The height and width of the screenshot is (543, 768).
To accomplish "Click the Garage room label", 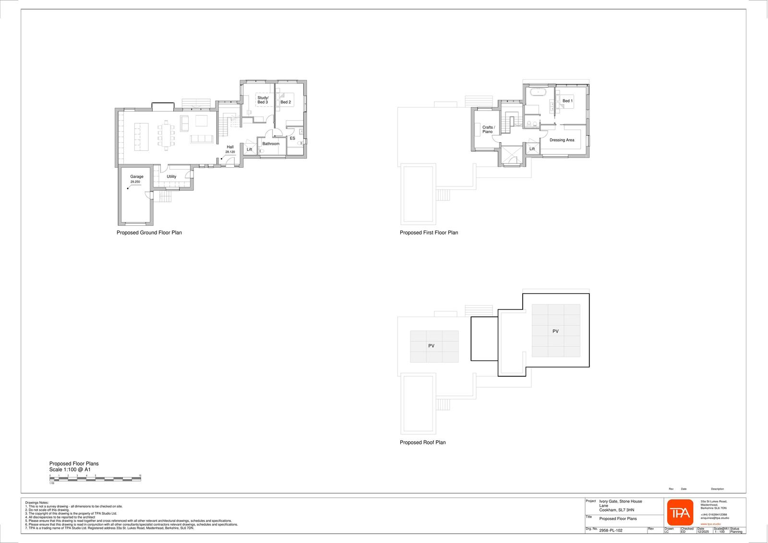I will pyautogui.click(x=137, y=176).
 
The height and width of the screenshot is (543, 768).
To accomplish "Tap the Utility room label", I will pyautogui.click(x=171, y=176).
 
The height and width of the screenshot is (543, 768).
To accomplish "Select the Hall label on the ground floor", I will pyautogui.click(x=230, y=147).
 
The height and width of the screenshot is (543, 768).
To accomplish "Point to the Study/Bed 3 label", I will pyautogui.click(x=263, y=100).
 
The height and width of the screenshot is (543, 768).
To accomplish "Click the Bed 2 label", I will pyautogui.click(x=286, y=102).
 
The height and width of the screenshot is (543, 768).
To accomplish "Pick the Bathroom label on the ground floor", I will pyautogui.click(x=271, y=144).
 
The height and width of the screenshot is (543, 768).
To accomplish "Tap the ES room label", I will pyautogui.click(x=292, y=138).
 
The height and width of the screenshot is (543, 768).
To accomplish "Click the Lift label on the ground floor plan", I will pyautogui.click(x=250, y=149).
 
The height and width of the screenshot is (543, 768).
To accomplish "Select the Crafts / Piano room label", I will pyautogui.click(x=488, y=129).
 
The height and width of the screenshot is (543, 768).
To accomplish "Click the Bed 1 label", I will pyautogui.click(x=567, y=101).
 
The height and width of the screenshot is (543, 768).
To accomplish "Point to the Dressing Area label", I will pyautogui.click(x=562, y=140).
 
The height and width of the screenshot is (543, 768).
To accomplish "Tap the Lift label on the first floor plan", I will pyautogui.click(x=532, y=149).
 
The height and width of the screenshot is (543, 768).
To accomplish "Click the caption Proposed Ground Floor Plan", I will pyautogui.click(x=149, y=233).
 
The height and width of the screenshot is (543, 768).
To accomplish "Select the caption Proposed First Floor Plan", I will pyautogui.click(x=429, y=233).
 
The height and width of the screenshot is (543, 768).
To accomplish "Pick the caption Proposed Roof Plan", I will pyautogui.click(x=422, y=443).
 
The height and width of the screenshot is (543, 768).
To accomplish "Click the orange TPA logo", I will pyautogui.click(x=680, y=513).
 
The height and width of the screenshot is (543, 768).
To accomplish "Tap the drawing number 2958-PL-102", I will pyautogui.click(x=611, y=531).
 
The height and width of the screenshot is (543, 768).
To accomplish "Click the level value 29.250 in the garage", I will pyautogui.click(x=135, y=182).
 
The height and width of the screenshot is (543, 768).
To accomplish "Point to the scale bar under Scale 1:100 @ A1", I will pyautogui.click(x=95, y=479).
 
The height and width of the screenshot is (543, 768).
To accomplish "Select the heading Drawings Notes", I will pyautogui.click(x=37, y=503).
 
